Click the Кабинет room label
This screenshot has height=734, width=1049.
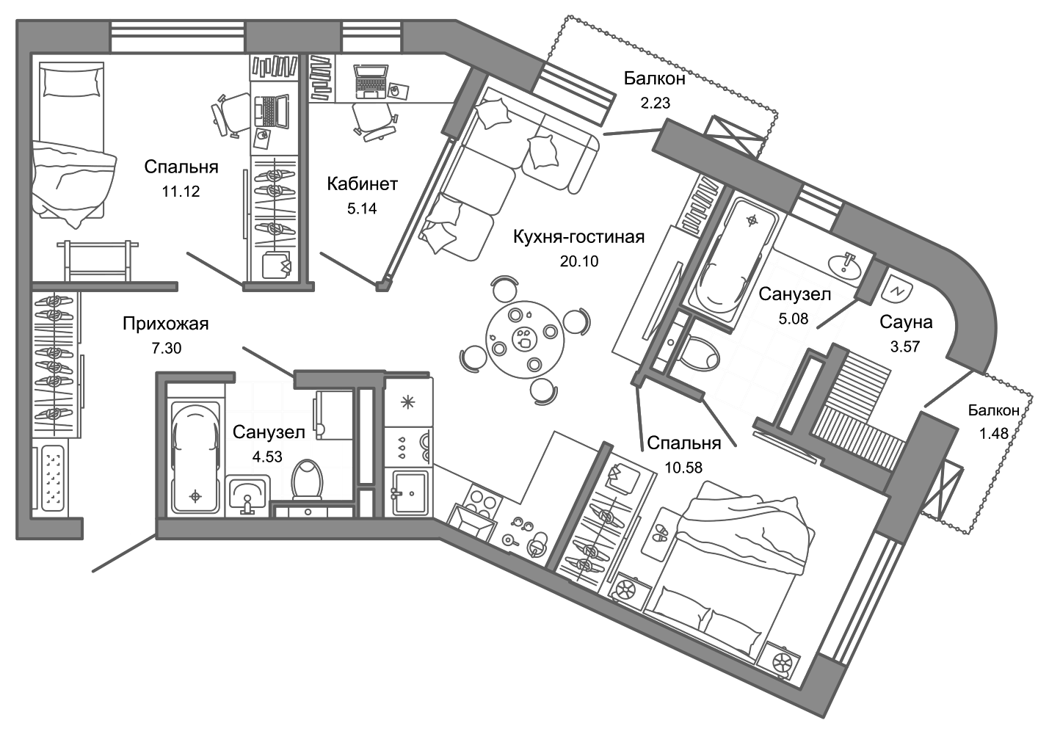(362, 183)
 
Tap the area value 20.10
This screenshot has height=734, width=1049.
(579, 261)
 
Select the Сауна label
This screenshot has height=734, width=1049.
(906, 322)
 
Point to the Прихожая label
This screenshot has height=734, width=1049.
(166, 324)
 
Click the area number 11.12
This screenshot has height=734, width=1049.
(181, 192)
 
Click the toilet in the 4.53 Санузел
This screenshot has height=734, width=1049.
(307, 480)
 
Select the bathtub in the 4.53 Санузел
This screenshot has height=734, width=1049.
(195, 459)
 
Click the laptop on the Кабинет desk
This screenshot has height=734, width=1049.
(369, 81)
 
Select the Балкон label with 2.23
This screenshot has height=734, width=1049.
(655, 78)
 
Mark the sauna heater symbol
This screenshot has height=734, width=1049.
(896, 290)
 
